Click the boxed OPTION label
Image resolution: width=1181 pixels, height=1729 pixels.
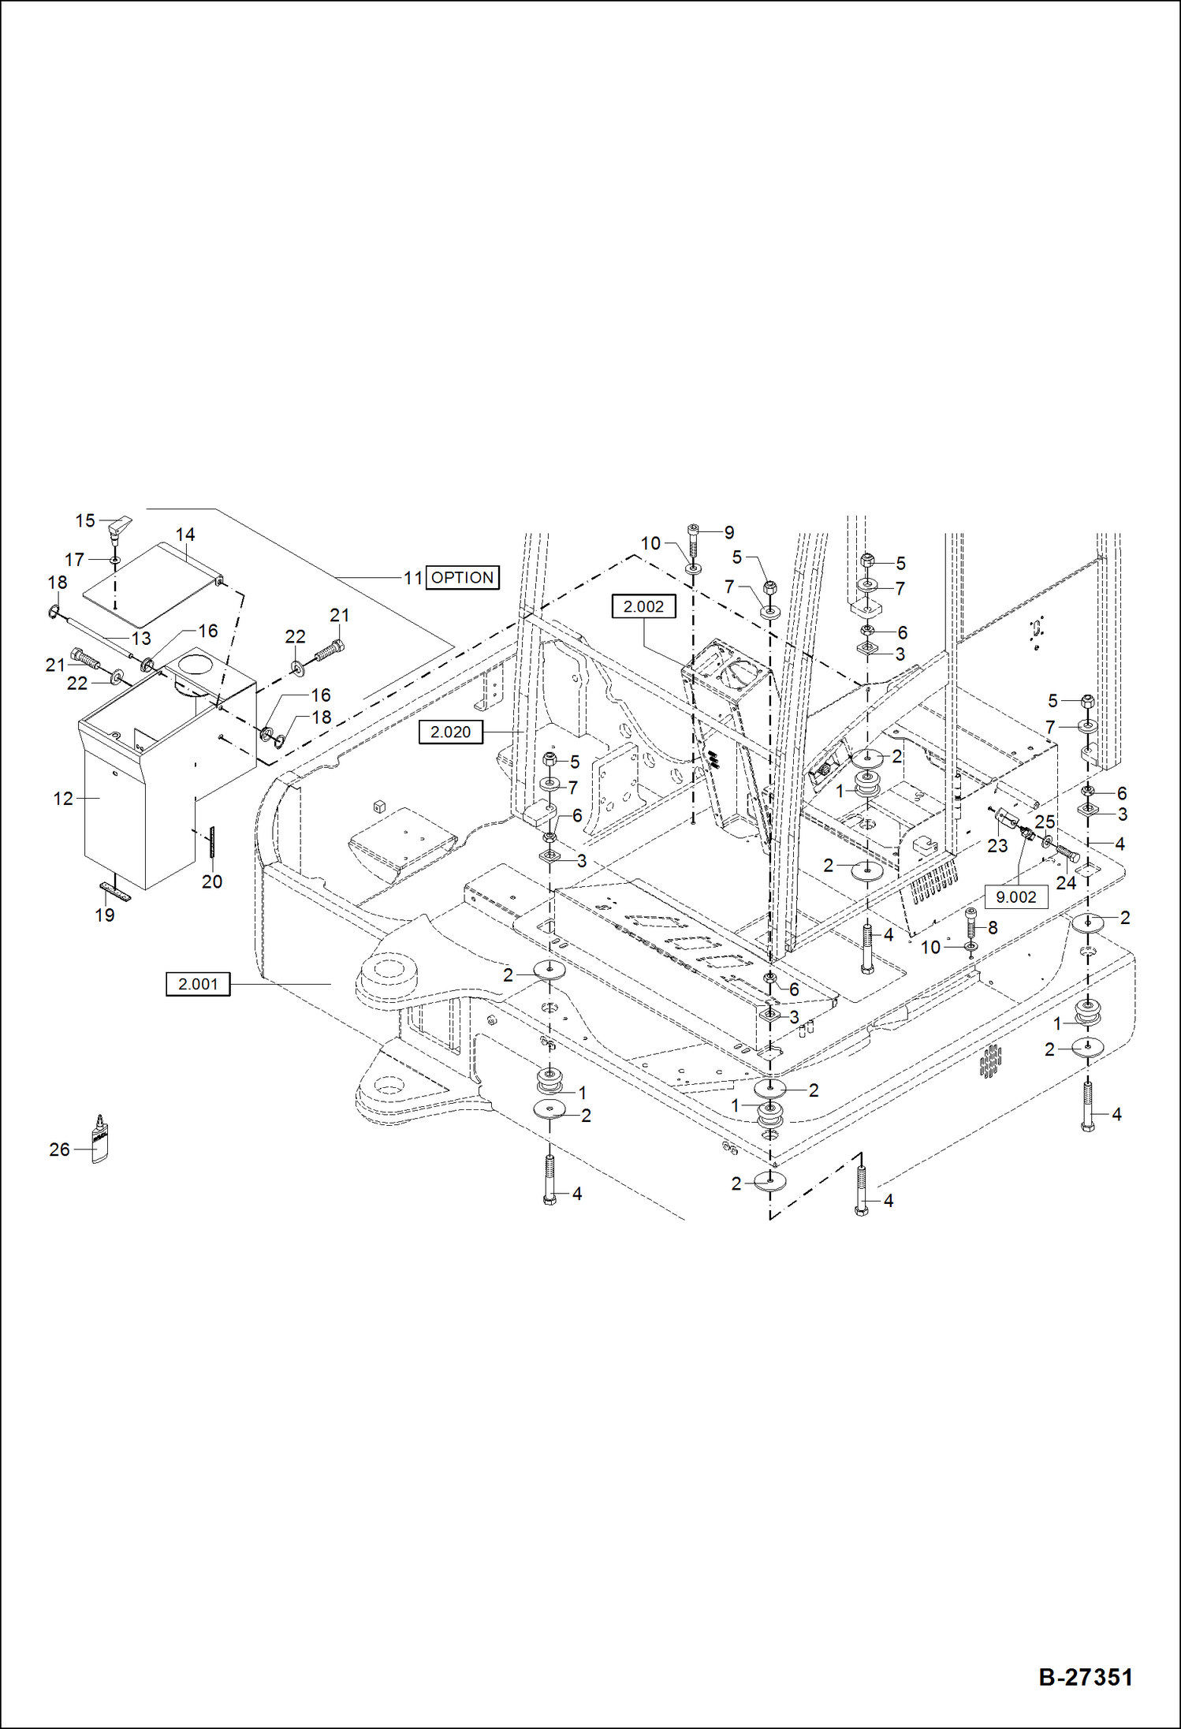click(x=462, y=577)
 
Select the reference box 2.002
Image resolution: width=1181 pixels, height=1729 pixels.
click(x=643, y=606)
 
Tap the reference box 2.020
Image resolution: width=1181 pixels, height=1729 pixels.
click(x=450, y=732)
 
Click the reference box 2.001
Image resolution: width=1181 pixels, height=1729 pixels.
click(x=198, y=984)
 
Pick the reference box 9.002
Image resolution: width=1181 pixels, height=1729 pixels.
click(x=1015, y=896)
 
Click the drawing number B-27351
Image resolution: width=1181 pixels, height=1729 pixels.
click(x=1085, y=1676)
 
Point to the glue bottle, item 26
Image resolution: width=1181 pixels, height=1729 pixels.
click(x=99, y=1139)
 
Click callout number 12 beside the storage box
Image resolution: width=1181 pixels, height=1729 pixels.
click(x=63, y=799)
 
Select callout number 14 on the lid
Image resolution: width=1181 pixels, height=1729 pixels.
click(x=184, y=535)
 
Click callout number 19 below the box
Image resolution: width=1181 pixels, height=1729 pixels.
click(x=105, y=915)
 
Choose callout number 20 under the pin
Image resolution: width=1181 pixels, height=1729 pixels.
click(x=212, y=881)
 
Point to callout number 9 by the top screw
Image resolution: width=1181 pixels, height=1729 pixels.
click(x=728, y=532)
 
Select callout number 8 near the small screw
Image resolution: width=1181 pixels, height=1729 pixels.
click(x=993, y=928)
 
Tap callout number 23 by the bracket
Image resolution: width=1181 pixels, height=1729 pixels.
click(x=997, y=846)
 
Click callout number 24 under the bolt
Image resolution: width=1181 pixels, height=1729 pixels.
click(x=1066, y=883)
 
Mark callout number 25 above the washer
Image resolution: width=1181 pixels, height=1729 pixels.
click(x=1045, y=822)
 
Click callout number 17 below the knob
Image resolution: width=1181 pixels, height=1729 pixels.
click(x=74, y=560)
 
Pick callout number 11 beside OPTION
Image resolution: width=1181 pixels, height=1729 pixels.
click(x=413, y=578)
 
